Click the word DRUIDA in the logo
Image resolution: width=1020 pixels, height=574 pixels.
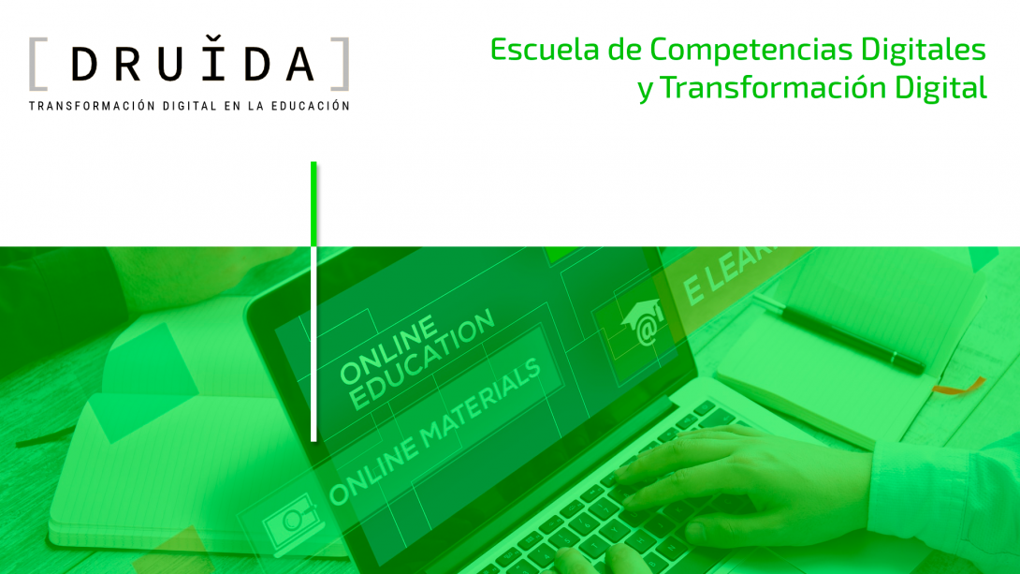point(192,64)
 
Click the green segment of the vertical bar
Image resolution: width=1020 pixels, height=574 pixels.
point(313,201)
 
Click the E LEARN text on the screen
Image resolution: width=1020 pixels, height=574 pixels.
point(730,272)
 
